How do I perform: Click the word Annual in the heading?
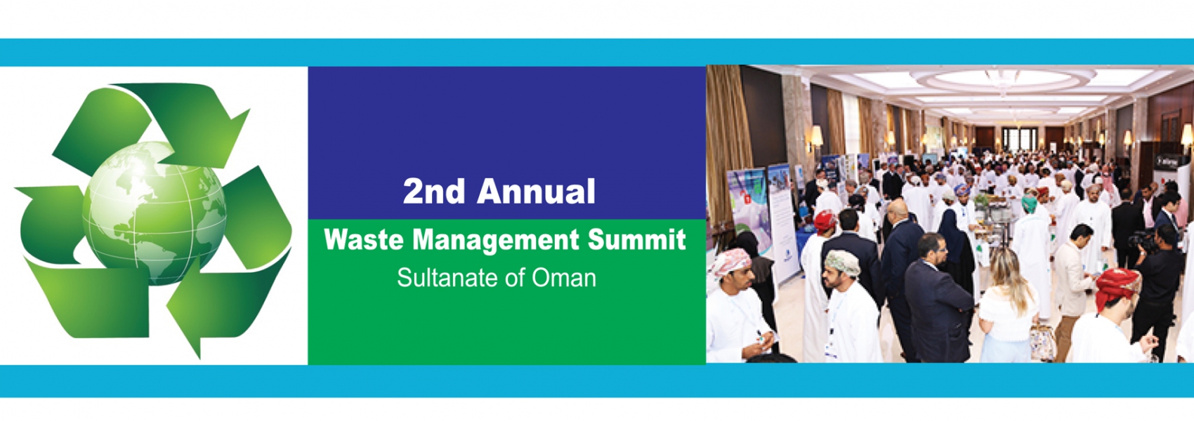coord(536,191)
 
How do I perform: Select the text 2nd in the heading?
coord(434,191)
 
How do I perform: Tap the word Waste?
coord(364,239)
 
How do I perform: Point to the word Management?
coord(496,241)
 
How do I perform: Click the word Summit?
coord(636,239)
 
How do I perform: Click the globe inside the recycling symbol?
coord(155,213)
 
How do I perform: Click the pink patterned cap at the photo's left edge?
coord(730,262)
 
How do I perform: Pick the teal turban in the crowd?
coord(1029,203)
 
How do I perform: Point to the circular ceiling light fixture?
coord(1002,79)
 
